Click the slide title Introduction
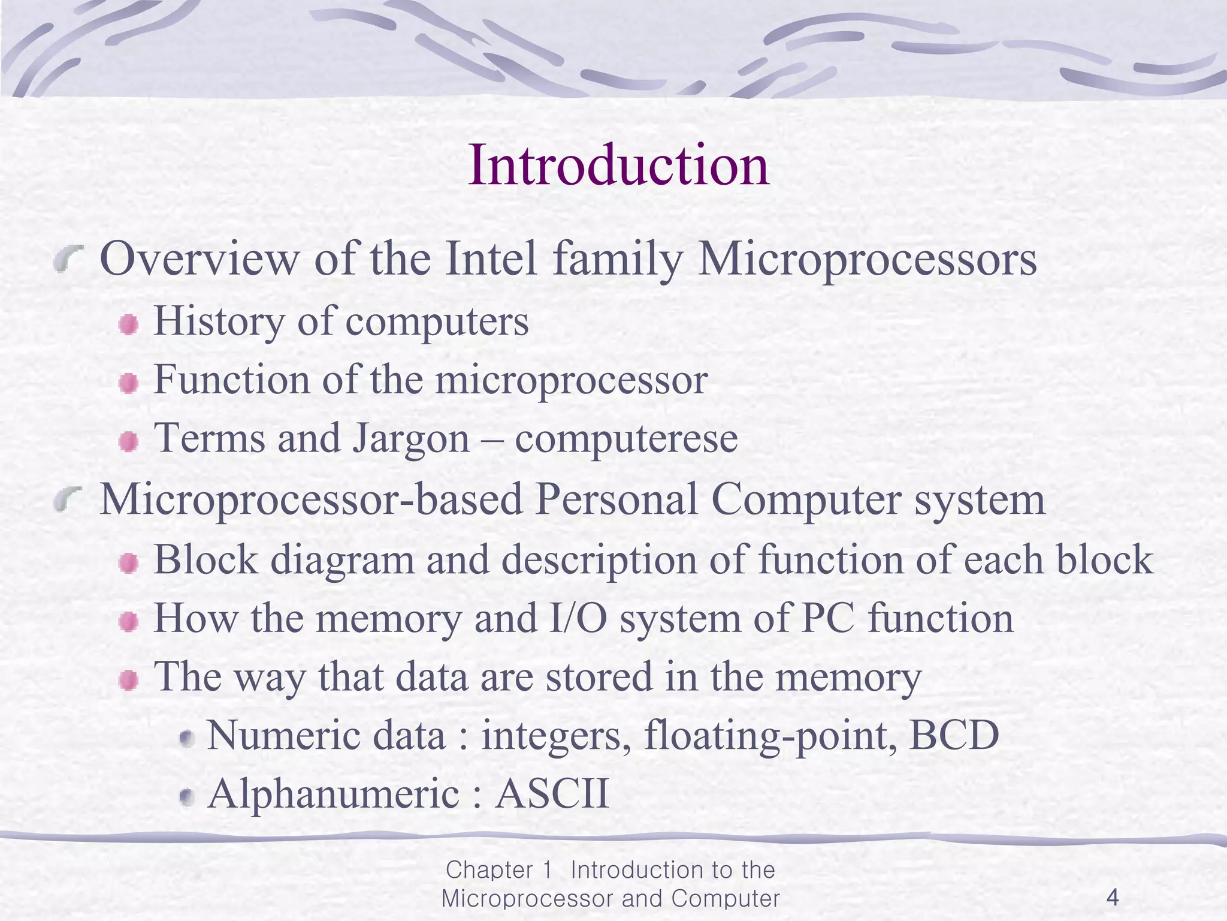(618, 165)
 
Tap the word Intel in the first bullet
(491, 259)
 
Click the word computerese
(626, 439)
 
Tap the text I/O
(578, 618)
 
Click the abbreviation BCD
(954, 736)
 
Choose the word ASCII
(552, 794)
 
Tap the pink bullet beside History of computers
(128, 326)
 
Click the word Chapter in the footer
(489, 870)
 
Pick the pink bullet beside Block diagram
(128, 564)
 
